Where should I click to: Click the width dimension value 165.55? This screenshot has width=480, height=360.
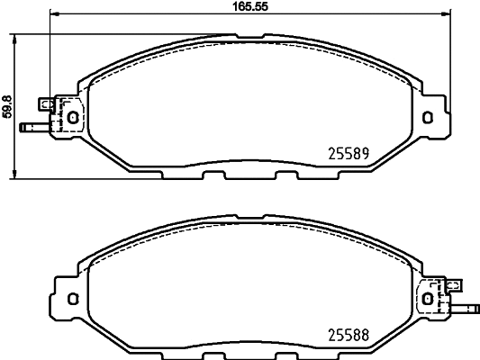point(248,5)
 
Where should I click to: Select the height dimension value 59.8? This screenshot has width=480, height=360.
point(7,105)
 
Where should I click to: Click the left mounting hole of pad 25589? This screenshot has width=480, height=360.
point(73,115)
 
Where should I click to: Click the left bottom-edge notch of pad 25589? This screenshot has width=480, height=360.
point(214,175)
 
